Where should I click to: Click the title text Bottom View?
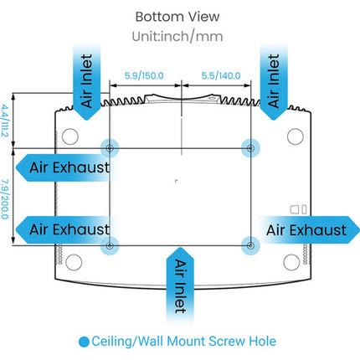177,17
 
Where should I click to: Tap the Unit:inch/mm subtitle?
177,37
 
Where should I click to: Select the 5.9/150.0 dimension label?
144,75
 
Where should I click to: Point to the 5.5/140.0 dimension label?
221,75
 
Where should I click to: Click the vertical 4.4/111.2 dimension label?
5,121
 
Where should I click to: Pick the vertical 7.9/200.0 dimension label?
5,199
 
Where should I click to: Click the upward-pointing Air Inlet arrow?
180,285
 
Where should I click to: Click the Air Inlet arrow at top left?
86,82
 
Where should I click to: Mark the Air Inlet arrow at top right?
274,82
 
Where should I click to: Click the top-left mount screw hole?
110,148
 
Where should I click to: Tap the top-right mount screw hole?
250,148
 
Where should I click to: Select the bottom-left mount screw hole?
110,246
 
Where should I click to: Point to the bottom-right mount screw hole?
250,246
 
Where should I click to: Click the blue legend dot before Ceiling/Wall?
84,342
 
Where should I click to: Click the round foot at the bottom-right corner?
291,262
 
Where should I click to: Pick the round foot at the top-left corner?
70,136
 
